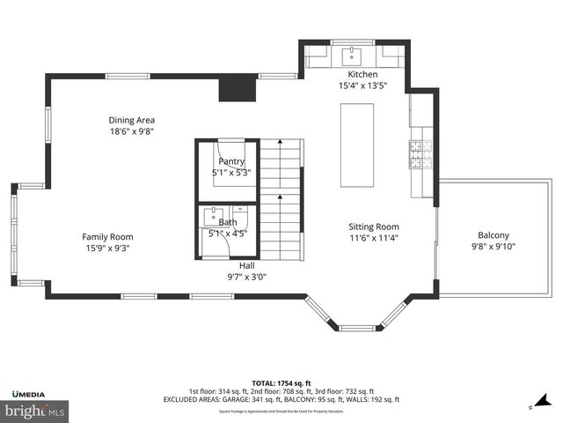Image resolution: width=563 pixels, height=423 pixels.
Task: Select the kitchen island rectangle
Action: [x=356, y=145]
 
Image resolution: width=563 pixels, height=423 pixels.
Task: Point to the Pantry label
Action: [x=231, y=161]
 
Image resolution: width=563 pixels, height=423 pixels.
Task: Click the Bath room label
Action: [x=228, y=223]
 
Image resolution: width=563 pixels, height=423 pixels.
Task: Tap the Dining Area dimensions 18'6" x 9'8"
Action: [x=131, y=131]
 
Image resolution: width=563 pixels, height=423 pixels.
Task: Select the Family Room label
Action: [x=107, y=236]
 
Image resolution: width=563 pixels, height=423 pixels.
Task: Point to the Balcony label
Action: [x=493, y=235]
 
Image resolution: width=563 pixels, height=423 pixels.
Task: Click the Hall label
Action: [x=247, y=265]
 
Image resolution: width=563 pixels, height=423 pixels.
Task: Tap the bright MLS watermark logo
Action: [x=35, y=411]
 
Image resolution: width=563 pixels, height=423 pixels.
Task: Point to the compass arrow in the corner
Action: [x=531, y=406]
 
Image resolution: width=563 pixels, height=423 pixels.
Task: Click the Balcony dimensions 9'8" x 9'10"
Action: [x=493, y=247]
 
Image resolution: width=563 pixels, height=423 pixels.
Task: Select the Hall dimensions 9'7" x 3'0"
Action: [x=247, y=277]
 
